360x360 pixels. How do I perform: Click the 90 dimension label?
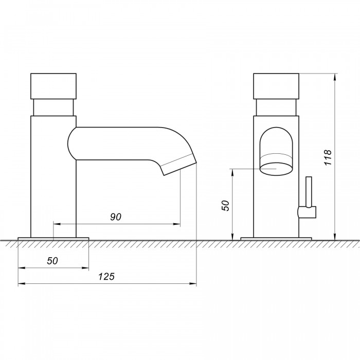click(116, 217)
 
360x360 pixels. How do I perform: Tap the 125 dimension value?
click(106, 277)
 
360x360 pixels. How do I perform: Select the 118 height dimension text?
click(328, 157)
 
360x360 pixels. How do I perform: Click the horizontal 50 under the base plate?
click(52, 261)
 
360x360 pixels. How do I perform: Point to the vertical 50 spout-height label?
click(225, 206)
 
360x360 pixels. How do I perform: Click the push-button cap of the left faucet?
click(53, 86)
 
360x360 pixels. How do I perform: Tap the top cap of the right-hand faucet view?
click(276, 86)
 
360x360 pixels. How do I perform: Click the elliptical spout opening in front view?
click(277, 169)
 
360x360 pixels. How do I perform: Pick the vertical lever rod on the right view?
click(309, 192)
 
